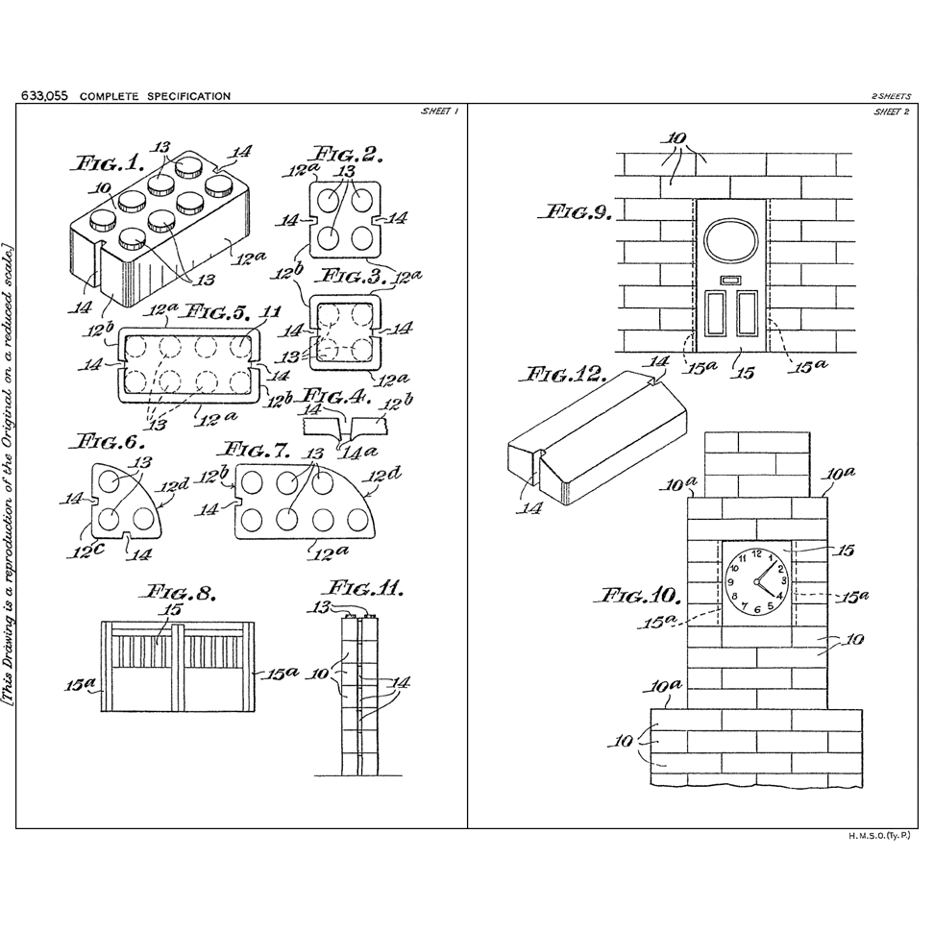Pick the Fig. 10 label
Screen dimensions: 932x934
(x=641, y=595)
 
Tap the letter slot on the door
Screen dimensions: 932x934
(x=730, y=281)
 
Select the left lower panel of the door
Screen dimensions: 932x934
(x=715, y=314)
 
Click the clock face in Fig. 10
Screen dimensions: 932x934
(x=755, y=581)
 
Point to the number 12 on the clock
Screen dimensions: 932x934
(x=756, y=554)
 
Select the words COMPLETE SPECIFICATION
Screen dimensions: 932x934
(x=155, y=96)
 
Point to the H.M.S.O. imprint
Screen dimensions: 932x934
(x=878, y=837)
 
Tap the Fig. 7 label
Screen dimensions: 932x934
(x=256, y=450)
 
